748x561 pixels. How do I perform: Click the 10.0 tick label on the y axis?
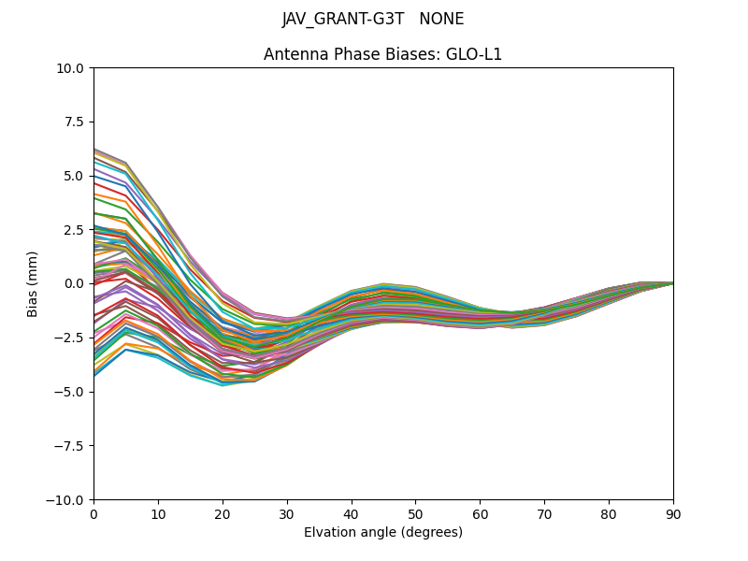point(73,67)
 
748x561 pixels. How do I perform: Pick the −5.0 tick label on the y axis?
point(73,392)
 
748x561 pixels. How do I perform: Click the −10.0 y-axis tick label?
point(69,500)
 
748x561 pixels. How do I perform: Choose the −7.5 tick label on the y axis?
point(73,446)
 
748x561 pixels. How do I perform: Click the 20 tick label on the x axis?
point(223,514)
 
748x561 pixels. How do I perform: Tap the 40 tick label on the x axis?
point(352,514)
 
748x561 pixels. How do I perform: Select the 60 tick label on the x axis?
point(480,514)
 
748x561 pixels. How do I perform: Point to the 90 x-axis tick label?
point(673,514)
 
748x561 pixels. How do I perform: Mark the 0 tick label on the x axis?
point(93,514)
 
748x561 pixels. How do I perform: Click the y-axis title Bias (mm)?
point(33,283)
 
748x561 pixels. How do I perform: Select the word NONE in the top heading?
point(442,20)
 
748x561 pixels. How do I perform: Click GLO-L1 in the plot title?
point(473,54)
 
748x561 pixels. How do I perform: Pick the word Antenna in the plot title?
point(295,54)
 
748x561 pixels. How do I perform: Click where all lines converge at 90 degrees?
point(672,282)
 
